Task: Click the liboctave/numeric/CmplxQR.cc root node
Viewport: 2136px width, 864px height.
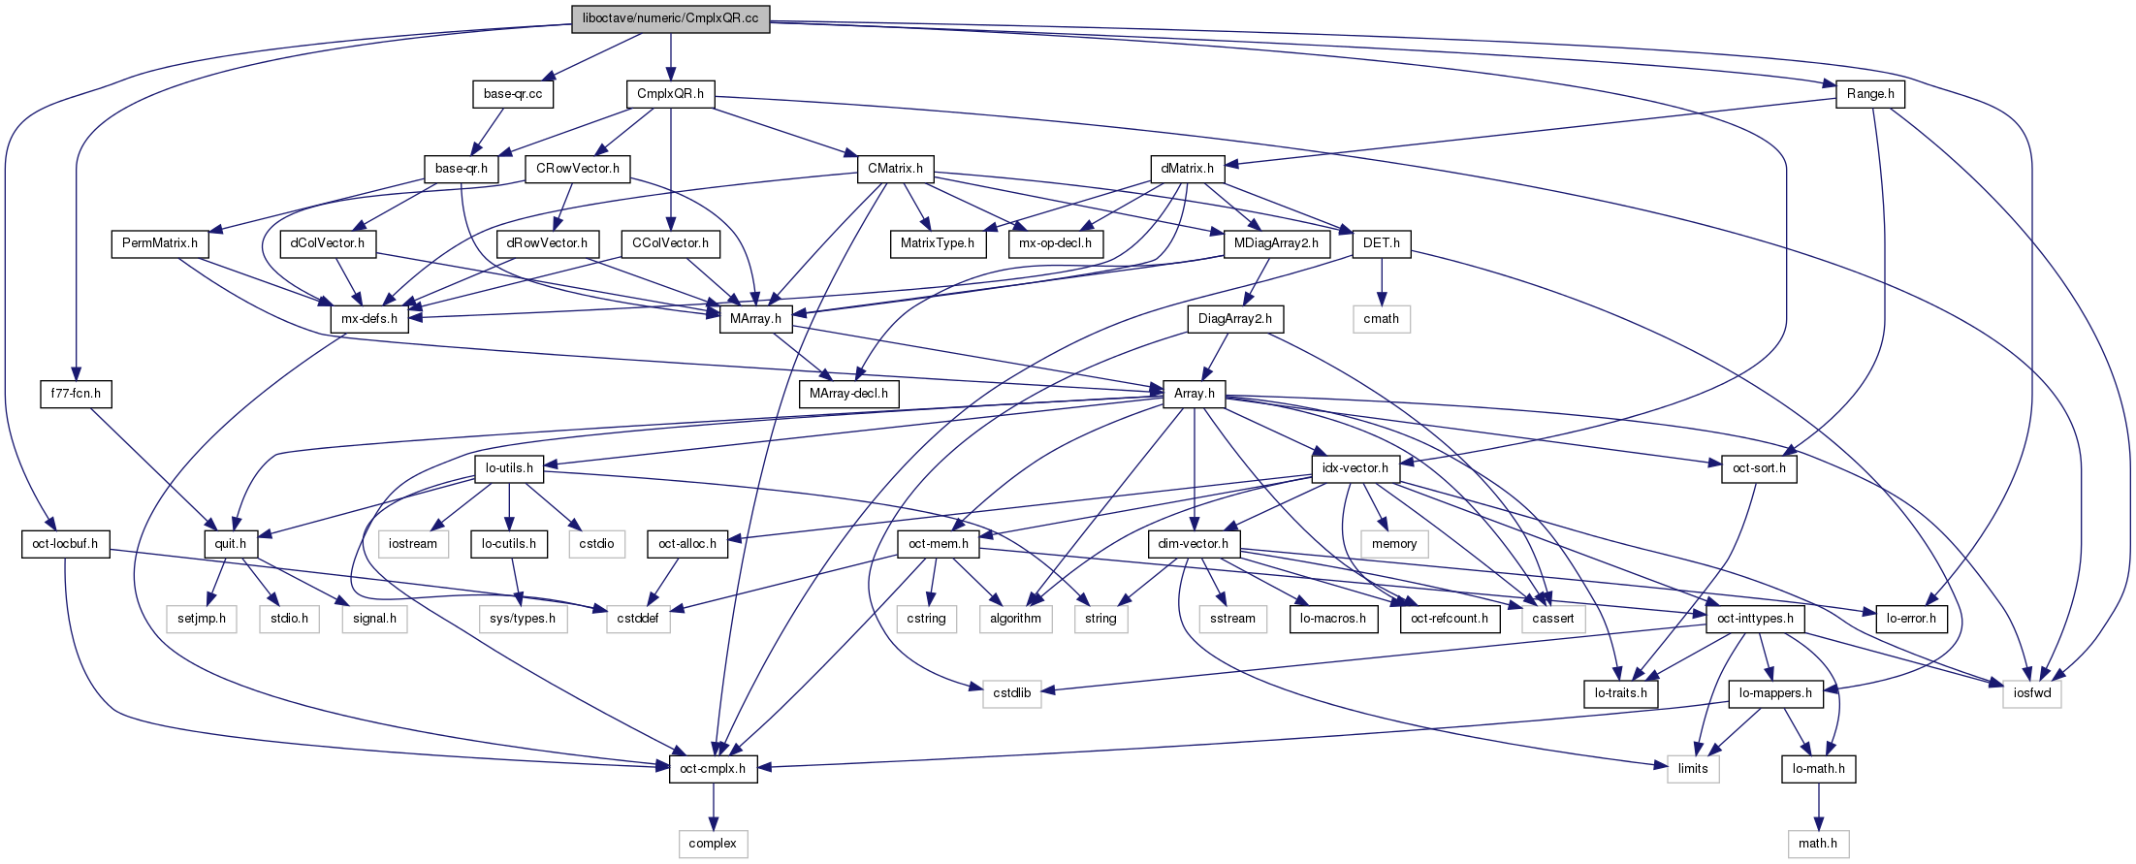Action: (x=670, y=18)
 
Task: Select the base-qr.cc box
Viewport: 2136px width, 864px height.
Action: (x=513, y=94)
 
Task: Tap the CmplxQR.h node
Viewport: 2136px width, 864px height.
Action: (x=670, y=94)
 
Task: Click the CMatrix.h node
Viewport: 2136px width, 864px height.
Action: (x=895, y=169)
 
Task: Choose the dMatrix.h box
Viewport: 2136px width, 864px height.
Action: (x=1187, y=169)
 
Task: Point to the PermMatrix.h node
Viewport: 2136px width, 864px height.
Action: (x=160, y=243)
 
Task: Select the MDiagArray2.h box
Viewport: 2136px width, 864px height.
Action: (x=1275, y=243)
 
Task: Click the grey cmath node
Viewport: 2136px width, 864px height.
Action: (x=1381, y=319)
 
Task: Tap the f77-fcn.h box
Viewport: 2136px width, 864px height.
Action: (x=76, y=395)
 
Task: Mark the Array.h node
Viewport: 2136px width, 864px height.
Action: (x=1194, y=394)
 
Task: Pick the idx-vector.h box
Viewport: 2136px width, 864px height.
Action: (x=1355, y=468)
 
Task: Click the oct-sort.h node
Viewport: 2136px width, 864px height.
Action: (x=1759, y=468)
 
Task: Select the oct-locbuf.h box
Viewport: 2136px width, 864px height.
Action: (x=65, y=544)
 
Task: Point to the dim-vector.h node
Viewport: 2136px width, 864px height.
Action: (x=1194, y=544)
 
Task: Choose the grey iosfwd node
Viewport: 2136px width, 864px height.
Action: (x=2031, y=693)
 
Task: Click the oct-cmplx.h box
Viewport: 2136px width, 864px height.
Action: (x=713, y=769)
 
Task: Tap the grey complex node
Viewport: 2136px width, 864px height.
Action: (x=713, y=844)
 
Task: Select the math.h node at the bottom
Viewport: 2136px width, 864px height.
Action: (x=1818, y=844)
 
